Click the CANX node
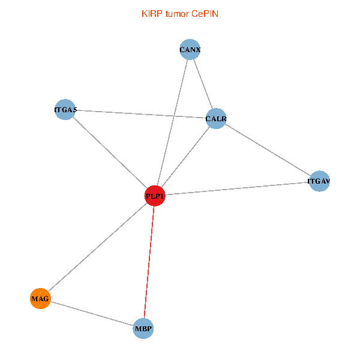pos(190,50)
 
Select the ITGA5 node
pos(64,110)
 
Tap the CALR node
pos(215,119)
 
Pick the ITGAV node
pos(320,181)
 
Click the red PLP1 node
pos(155,196)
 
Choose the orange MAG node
pos(40,298)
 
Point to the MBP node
pos(143,329)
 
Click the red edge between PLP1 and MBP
pos(149,262)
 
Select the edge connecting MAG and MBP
pos(92,313)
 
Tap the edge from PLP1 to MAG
pos(97,247)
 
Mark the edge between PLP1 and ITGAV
pos(237,188)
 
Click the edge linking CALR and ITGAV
pos(268,150)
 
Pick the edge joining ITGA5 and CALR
pos(140,114)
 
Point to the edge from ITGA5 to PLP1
pos(109,152)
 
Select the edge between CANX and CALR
pos(202,84)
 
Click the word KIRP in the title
pos(152,14)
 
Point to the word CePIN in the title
pos(205,14)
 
